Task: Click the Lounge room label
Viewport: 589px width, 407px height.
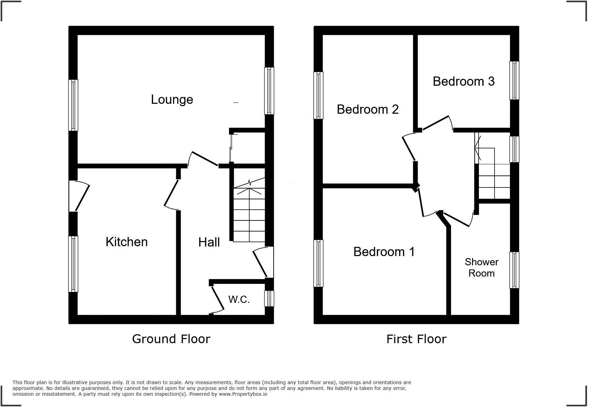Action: point(172,100)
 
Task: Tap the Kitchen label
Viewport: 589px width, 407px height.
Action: point(126,242)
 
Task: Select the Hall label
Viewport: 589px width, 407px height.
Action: point(209,242)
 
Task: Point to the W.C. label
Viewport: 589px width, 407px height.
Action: point(239,299)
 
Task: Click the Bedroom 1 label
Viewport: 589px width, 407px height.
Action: point(384,252)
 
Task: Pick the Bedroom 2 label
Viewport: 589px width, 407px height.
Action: point(367,109)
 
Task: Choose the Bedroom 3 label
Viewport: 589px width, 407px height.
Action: point(463,81)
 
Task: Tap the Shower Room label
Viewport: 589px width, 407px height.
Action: point(481,267)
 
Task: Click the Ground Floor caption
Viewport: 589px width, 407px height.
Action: point(171,339)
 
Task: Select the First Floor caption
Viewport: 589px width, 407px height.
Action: point(416,339)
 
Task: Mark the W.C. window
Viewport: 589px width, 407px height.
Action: point(269,298)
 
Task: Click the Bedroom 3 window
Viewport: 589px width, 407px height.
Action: point(514,80)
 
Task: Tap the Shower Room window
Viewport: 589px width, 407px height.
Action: point(514,270)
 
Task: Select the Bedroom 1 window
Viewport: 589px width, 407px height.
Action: point(318,263)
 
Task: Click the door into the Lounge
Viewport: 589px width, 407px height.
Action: point(204,159)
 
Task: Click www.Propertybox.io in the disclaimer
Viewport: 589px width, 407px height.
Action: point(243,394)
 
